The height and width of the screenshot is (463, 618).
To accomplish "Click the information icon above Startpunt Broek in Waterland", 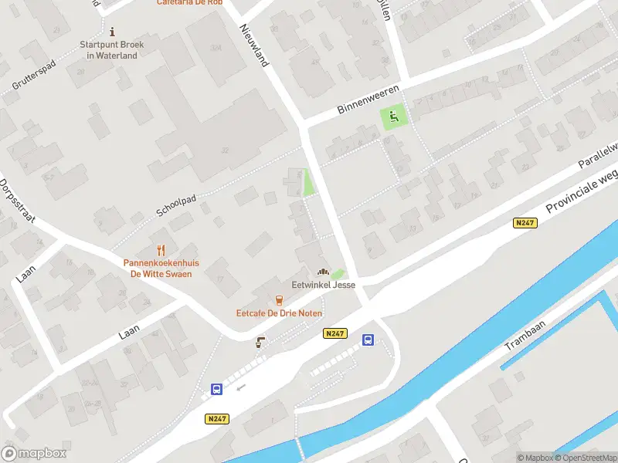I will (x=113, y=32).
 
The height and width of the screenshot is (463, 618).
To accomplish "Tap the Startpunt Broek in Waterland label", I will (x=113, y=50).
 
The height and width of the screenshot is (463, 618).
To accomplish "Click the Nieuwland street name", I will (x=254, y=44).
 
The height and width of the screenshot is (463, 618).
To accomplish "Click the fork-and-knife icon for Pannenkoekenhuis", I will (x=161, y=249).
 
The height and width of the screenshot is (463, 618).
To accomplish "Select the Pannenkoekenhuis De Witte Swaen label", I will (x=161, y=269).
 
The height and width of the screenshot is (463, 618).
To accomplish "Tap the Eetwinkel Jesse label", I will (x=323, y=285).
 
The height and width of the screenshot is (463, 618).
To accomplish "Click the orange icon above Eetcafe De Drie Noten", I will (x=279, y=300).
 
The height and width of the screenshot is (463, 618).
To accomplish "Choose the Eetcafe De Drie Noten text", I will (x=279, y=313).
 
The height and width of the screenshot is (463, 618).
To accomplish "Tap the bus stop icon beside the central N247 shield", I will (x=368, y=340).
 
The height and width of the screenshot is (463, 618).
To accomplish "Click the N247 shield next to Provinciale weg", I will (x=525, y=223).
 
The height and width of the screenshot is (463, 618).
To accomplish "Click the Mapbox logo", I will (x=34, y=454).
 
